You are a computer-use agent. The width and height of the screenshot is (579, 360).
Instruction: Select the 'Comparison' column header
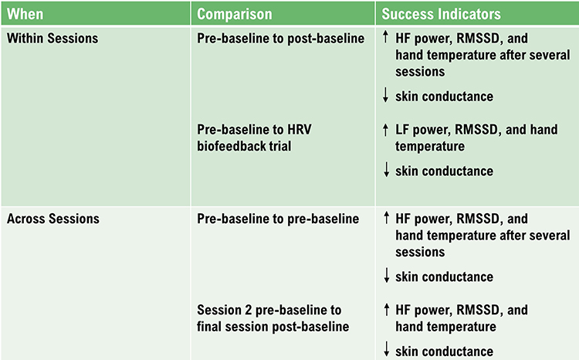pyautogui.click(x=235, y=14)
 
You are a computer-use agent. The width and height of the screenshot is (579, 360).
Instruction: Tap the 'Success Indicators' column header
pyautogui.click(x=442, y=14)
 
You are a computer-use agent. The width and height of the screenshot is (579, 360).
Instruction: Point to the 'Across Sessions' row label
pyautogui.click(x=53, y=219)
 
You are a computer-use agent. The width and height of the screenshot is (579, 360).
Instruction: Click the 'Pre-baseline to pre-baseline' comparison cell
pyautogui.click(x=278, y=219)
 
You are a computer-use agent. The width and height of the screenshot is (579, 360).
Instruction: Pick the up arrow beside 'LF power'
pyautogui.click(x=386, y=130)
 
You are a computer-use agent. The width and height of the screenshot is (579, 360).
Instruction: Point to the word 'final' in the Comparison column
pyautogui.click(x=212, y=327)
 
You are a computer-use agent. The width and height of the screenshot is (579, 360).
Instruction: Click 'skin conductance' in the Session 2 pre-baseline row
pyautogui.click(x=444, y=352)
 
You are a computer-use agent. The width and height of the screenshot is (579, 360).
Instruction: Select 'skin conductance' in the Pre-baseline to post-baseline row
pyautogui.click(x=444, y=96)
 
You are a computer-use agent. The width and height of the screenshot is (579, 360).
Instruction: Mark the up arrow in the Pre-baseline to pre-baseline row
pyautogui.click(x=386, y=219)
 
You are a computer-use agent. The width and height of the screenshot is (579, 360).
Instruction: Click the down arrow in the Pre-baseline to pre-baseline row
pyautogui.click(x=386, y=277)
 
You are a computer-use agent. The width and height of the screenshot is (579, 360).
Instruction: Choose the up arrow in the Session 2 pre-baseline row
pyautogui.click(x=386, y=310)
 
